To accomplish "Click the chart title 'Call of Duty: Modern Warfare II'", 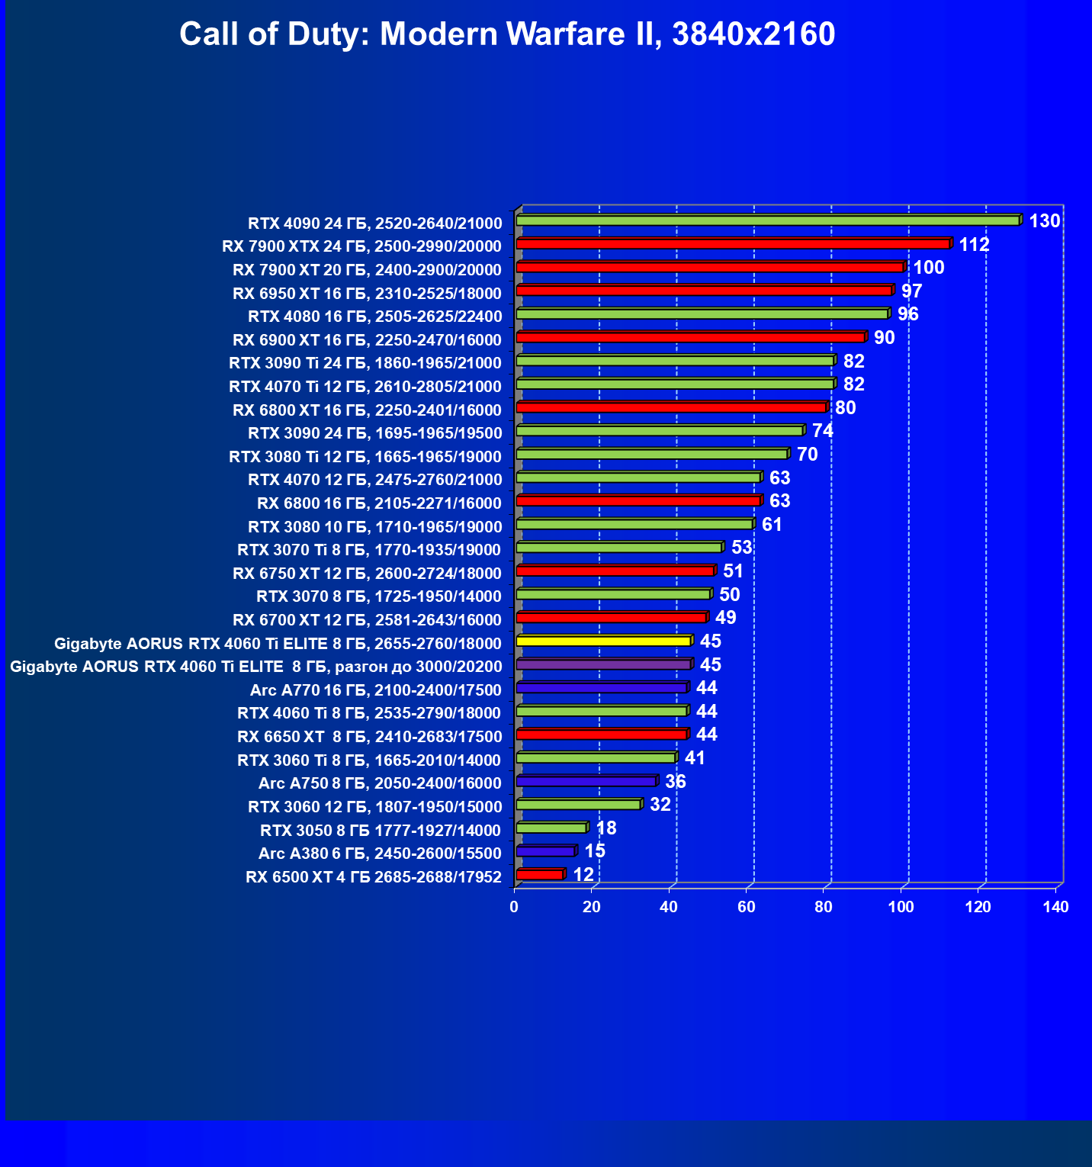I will point(507,34).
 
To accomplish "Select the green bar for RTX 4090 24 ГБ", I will point(767,221).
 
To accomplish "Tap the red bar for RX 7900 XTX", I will point(732,244).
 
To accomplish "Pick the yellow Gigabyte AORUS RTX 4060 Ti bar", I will point(603,641).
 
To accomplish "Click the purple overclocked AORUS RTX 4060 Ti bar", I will point(603,665).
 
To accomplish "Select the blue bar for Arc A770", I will point(601,689).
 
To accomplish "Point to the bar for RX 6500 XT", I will point(539,875).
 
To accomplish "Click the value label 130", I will point(1045,221).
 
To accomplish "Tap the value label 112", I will point(974,245).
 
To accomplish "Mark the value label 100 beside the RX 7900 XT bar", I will point(929,268).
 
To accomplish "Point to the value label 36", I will point(675,782).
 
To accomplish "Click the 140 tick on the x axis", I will point(1056,907).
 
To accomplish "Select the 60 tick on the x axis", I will point(747,907).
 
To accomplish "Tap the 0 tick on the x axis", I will point(514,907).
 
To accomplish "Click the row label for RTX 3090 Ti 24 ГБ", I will point(365,363).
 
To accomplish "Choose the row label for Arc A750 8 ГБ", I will point(380,783).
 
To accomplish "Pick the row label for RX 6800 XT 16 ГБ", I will point(367,410).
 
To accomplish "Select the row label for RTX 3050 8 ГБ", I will point(381,831).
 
